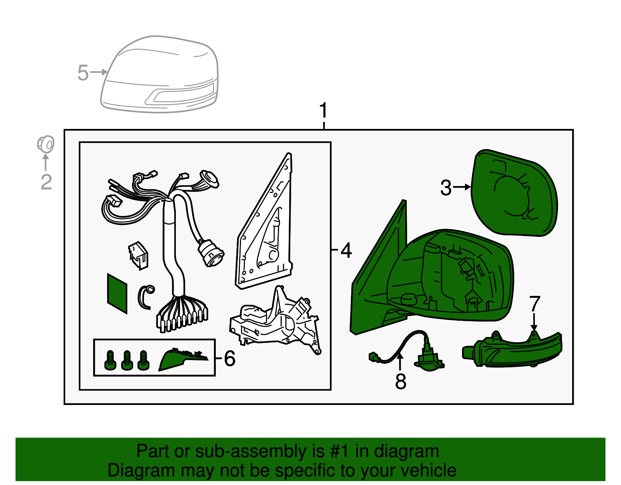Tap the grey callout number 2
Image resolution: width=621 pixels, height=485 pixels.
(x=46, y=182)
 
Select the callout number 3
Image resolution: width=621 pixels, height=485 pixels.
(x=446, y=188)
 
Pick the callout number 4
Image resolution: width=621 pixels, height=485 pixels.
(x=346, y=250)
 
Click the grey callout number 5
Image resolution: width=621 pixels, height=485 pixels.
(x=83, y=73)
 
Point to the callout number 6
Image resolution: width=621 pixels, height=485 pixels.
(x=230, y=358)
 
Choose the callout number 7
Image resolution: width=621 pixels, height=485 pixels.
(x=535, y=304)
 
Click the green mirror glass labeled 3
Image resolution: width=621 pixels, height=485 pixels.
(x=514, y=193)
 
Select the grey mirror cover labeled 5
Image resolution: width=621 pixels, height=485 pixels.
(x=160, y=74)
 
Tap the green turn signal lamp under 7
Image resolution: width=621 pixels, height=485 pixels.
(x=512, y=349)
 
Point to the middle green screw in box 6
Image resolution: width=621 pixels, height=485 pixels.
(x=127, y=360)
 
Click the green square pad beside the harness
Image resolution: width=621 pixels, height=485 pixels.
(x=117, y=294)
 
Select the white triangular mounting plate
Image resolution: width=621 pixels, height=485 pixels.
(x=264, y=221)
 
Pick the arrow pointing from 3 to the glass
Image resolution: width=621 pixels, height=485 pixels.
(x=461, y=187)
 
